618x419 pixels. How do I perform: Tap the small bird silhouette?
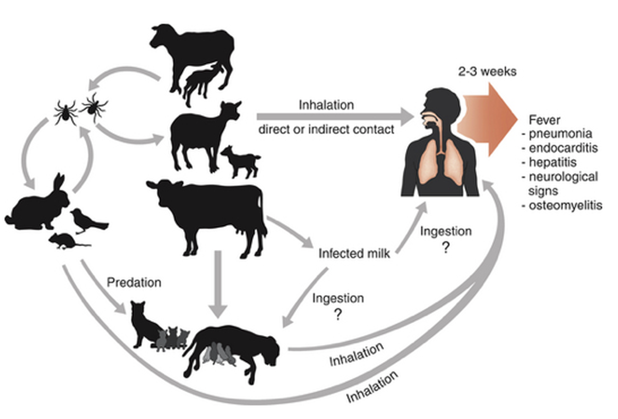pyautogui.click(x=88, y=221)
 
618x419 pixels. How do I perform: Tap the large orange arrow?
pyautogui.click(x=487, y=120)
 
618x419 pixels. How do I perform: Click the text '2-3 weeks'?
pyautogui.click(x=487, y=72)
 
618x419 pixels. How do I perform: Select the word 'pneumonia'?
pyautogui.click(x=560, y=134)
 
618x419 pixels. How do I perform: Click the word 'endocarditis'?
pyautogui.click(x=563, y=148)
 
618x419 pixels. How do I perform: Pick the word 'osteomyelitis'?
pyautogui.click(x=565, y=206)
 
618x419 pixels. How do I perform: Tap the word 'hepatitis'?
pyautogui.click(x=553, y=162)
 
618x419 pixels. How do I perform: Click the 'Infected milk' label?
pyautogui.click(x=354, y=254)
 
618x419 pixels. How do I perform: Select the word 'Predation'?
pyautogui.click(x=134, y=282)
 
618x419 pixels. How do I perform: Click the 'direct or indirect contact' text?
pyautogui.click(x=326, y=129)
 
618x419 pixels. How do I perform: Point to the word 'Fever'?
pyautogui.click(x=544, y=120)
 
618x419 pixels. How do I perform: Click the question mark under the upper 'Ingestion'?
pyautogui.click(x=445, y=247)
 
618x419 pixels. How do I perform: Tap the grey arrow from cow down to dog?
pyautogui.click(x=218, y=284)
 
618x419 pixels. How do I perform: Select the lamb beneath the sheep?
pyautogui.click(x=203, y=83)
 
